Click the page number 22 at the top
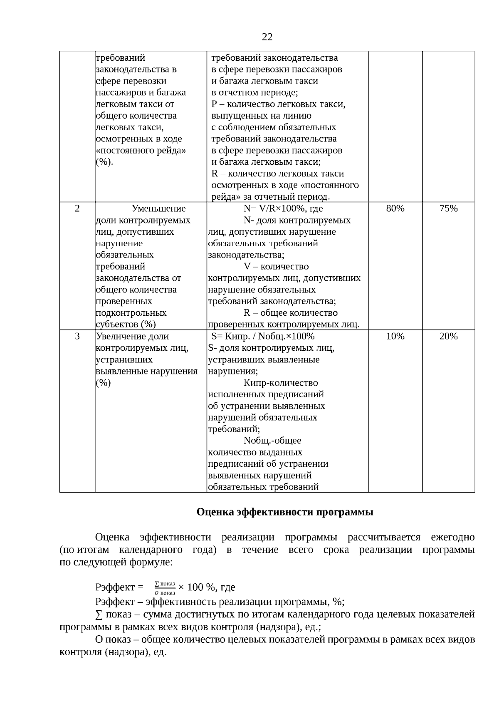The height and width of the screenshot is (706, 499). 267,37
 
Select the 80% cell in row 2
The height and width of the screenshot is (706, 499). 395,208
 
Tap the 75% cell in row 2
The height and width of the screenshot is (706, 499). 448,208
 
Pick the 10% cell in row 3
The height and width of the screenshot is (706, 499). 395,336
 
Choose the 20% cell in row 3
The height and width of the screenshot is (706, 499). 448,336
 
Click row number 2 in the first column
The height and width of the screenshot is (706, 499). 77,208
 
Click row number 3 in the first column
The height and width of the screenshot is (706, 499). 77,336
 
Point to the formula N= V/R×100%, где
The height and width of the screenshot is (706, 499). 283,208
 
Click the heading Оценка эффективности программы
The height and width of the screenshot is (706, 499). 285,512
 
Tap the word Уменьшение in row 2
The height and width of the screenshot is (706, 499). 158,208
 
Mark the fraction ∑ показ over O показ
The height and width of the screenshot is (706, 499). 165,588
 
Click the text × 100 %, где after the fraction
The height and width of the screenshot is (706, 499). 207,587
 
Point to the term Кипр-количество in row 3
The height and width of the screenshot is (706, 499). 280,383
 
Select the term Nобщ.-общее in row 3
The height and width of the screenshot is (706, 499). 272,440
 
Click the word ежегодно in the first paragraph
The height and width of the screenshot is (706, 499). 452,537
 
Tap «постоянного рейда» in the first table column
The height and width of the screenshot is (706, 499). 141,150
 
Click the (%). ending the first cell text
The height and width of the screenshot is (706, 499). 104,162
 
